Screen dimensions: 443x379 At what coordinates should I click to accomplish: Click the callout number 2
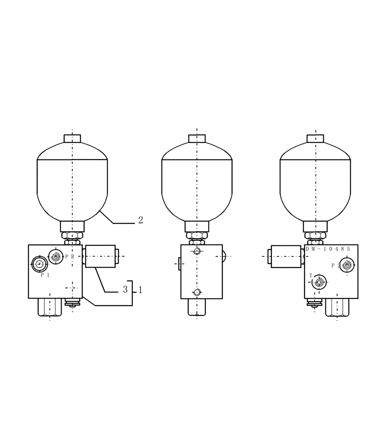pyautogui.click(x=140, y=219)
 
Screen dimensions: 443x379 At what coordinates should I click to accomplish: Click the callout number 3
pyautogui.click(x=125, y=290)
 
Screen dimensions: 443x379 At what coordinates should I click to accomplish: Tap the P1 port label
pyautogui.click(x=45, y=275)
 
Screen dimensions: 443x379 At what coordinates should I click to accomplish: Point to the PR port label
pyautogui.click(x=70, y=256)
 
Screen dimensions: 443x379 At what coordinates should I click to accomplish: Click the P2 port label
pyautogui.click(x=335, y=266)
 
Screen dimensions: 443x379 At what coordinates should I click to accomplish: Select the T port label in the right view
pyautogui.click(x=311, y=276)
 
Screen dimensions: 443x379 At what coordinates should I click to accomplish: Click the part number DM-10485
pyautogui.click(x=328, y=249)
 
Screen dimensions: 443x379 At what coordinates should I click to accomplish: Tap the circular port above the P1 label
pyautogui.click(x=39, y=264)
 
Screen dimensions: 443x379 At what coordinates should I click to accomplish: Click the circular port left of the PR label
pyautogui.click(x=55, y=256)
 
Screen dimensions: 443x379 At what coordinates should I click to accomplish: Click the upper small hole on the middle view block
pyautogui.click(x=197, y=252)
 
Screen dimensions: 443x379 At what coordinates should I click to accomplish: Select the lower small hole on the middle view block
pyautogui.click(x=197, y=292)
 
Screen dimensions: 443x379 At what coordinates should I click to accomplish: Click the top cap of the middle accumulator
pyautogui.click(x=197, y=138)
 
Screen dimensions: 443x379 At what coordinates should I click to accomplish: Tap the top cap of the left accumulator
pyautogui.click(x=72, y=138)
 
